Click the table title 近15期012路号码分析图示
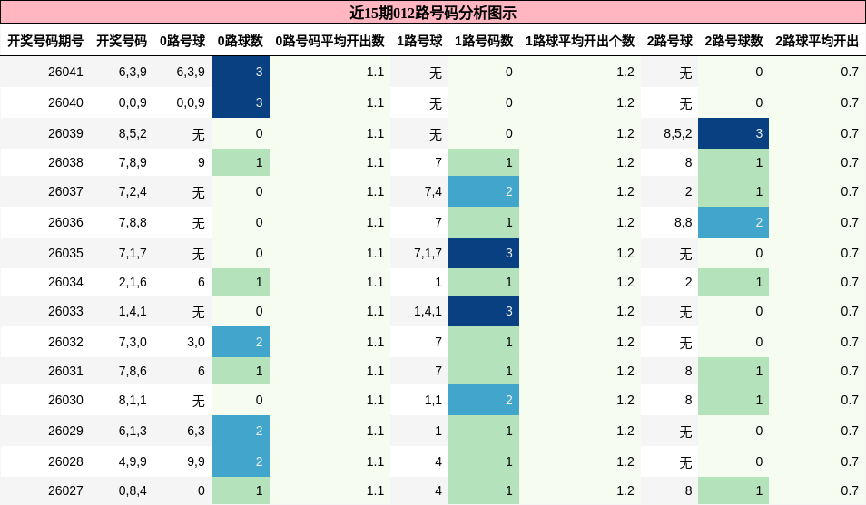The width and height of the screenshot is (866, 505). coord(433,13)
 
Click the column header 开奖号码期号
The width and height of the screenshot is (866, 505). coord(45,41)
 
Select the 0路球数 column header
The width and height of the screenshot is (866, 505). coord(241,41)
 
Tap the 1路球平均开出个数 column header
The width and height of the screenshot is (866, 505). coord(580,41)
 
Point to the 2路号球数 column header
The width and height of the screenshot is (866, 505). coord(733,41)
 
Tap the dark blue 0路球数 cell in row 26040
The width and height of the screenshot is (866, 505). coord(241,102)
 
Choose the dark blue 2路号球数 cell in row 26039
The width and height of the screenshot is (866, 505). coord(733,133)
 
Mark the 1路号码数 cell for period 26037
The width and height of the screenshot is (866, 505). coord(484,191)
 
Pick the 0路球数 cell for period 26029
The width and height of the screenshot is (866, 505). coord(241,431)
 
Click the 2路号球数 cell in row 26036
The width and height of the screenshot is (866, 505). coord(733,222)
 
